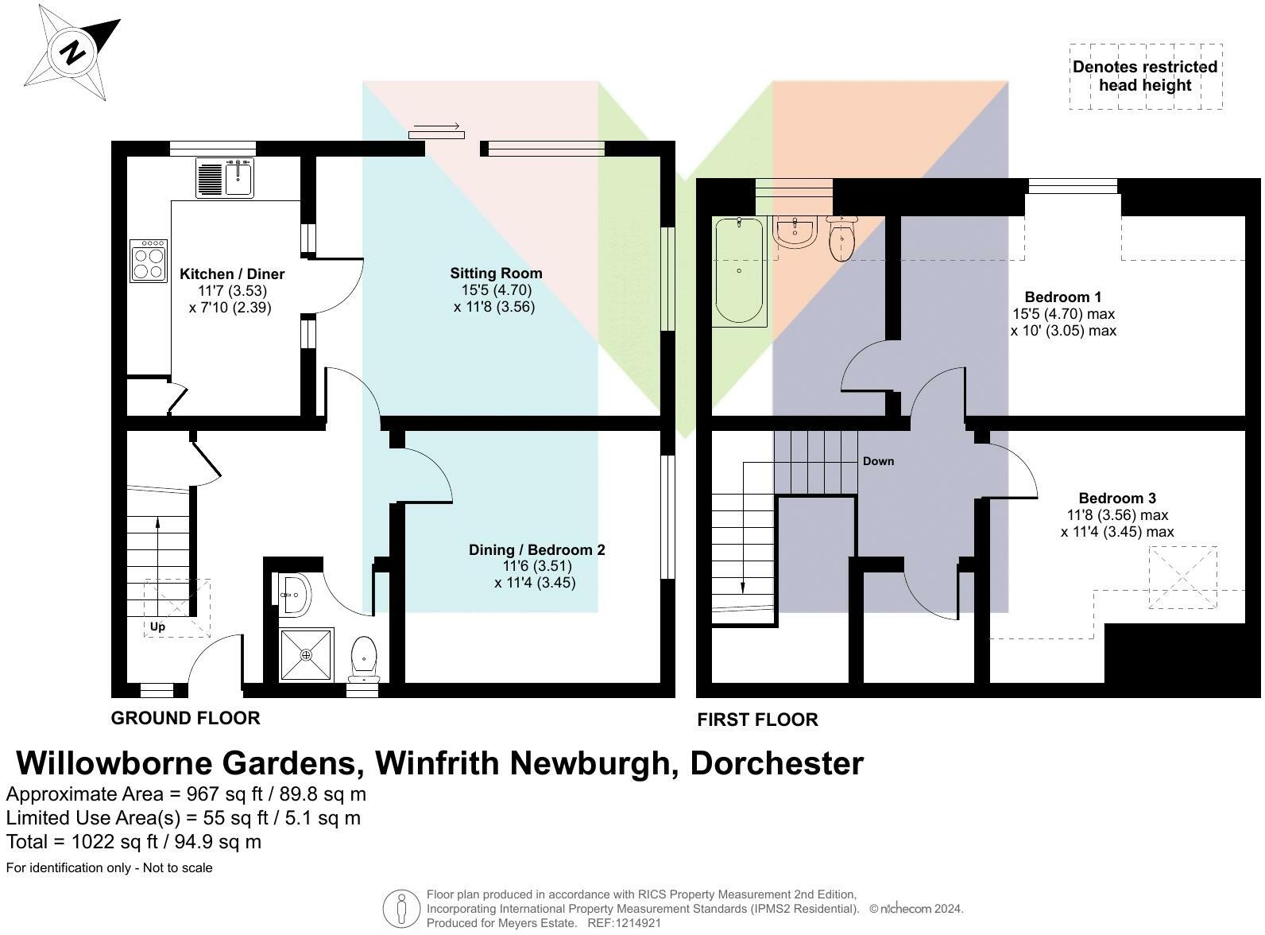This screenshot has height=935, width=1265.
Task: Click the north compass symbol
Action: (72, 54)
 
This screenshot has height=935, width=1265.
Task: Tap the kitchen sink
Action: (238, 177)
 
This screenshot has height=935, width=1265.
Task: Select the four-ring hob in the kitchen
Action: (149, 261)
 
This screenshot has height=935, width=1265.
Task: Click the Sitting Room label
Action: (495, 274)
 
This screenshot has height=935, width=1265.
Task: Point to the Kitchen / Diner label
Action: (231, 274)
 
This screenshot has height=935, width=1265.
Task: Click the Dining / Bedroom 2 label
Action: (536, 550)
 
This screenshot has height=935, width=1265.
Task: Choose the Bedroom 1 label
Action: (1062, 297)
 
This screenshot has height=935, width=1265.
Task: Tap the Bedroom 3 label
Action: (1116, 499)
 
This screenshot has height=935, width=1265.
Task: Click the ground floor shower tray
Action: (306, 654)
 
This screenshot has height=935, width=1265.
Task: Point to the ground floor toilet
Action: (364, 657)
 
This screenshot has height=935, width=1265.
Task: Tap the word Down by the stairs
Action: (878, 461)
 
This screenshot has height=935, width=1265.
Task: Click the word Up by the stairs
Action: (157, 627)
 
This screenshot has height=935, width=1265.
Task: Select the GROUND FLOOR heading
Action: (185, 718)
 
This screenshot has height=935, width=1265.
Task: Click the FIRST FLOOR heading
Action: (757, 720)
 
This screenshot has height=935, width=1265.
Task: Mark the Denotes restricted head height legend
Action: (1144, 76)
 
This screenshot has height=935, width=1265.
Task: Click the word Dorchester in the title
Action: (776, 763)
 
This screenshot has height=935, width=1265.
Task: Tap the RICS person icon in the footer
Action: (401, 908)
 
